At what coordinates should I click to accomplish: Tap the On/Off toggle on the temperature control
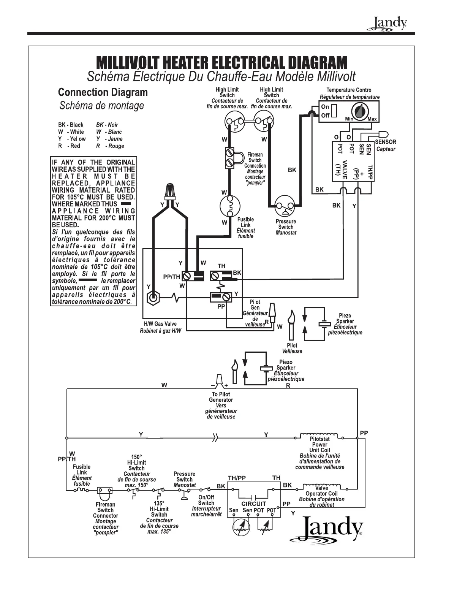point(334,111)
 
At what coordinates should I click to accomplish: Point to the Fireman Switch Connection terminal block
point(230,158)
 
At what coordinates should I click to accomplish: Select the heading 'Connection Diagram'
point(103,92)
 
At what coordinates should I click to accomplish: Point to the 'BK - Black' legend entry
point(71,125)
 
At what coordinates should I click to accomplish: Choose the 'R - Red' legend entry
point(69,146)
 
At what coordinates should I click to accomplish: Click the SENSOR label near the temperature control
point(386,142)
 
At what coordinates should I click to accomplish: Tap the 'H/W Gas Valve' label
point(160,324)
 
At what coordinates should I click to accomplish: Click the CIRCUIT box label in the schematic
point(253,504)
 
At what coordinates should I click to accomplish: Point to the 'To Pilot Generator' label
point(221,397)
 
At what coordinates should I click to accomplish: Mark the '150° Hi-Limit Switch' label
point(136,463)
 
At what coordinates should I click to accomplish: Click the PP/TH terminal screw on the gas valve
point(187,276)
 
